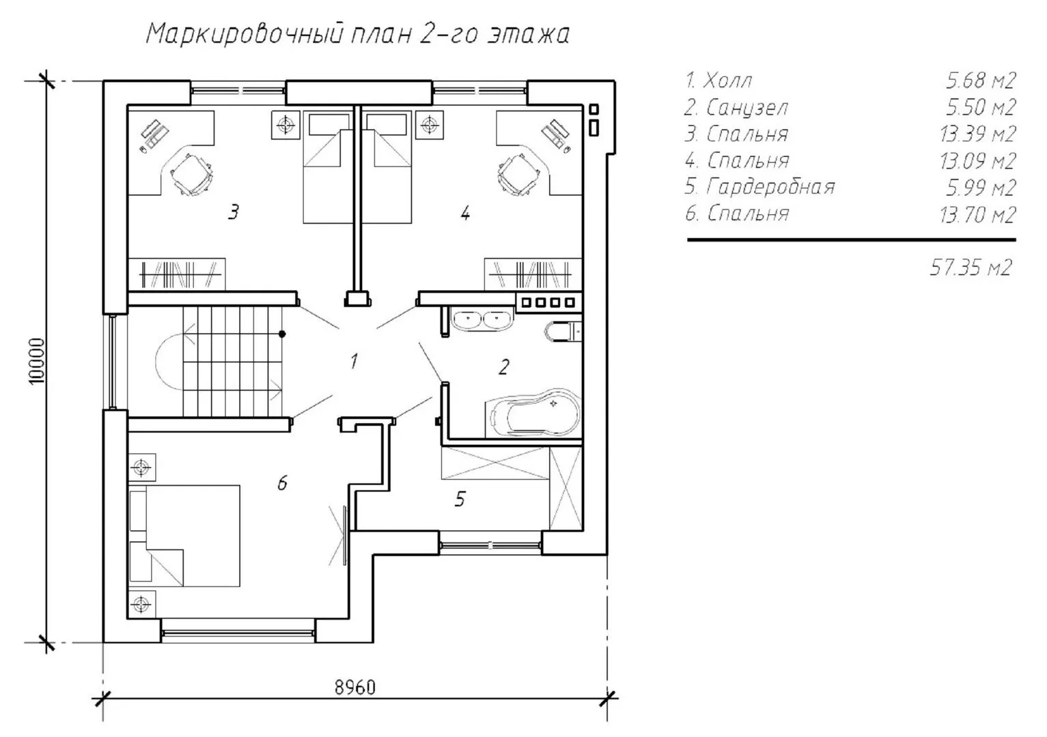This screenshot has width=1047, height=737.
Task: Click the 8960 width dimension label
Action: [x=354, y=687]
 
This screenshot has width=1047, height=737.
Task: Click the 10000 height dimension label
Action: [x=37, y=361]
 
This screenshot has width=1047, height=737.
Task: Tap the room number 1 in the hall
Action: [x=354, y=361]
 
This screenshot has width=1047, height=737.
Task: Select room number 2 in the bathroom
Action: [x=503, y=366]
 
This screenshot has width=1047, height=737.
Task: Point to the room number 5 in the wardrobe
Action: [x=460, y=499]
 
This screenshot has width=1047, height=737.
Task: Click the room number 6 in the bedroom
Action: [x=282, y=483]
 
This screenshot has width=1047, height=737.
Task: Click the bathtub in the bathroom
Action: [x=533, y=413]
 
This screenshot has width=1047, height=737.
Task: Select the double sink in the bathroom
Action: [x=482, y=320]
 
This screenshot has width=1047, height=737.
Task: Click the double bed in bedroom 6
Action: [x=184, y=536]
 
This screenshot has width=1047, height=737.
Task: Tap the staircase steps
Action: [x=233, y=361]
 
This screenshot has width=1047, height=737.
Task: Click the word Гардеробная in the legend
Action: [x=771, y=187]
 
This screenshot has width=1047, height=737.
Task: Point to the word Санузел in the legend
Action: [x=747, y=108]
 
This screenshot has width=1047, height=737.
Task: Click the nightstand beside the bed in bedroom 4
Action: [x=430, y=125]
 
